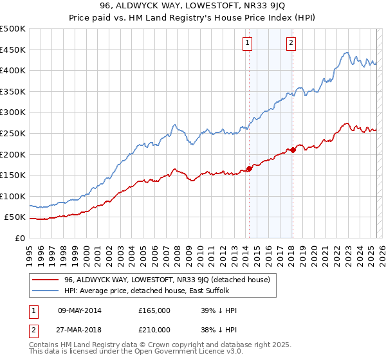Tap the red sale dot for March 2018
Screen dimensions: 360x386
click(293, 150)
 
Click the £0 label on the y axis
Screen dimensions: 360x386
click(19, 238)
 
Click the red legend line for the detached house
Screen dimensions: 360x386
click(46, 280)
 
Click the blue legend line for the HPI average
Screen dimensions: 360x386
click(46, 291)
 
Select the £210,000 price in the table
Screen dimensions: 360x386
click(154, 329)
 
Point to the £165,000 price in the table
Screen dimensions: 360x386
click(154, 310)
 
